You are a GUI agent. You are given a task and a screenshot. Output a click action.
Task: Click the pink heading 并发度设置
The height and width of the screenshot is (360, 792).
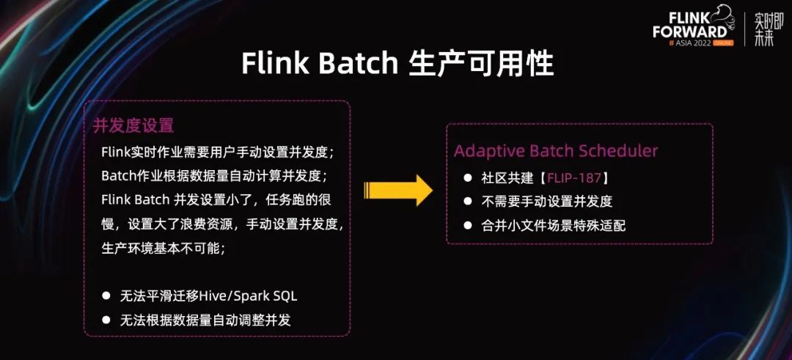point(133,125)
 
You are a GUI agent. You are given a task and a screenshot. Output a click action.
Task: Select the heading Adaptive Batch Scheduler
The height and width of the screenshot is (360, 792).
point(556,151)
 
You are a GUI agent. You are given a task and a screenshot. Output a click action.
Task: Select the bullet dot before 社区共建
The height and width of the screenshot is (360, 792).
point(468,178)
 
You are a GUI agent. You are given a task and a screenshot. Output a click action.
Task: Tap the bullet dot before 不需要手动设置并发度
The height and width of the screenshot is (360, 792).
point(468,202)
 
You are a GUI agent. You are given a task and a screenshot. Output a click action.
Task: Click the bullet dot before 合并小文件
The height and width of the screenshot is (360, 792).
point(468,225)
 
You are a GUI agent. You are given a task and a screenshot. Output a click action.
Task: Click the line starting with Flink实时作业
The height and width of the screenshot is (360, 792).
point(218,153)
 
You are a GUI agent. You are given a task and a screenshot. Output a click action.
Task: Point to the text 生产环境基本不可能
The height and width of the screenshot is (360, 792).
point(163,247)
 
